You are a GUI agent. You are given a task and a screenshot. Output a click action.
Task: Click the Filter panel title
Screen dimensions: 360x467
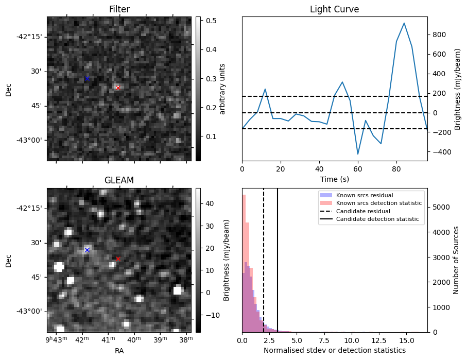pyautogui.click(x=119, y=9)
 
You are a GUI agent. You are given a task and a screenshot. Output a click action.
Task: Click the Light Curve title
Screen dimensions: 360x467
pyautogui.click(x=334, y=9)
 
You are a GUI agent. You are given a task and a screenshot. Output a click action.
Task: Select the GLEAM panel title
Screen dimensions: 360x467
pyautogui.click(x=119, y=180)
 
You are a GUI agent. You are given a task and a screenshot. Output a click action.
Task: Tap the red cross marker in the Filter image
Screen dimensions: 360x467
pyautogui.click(x=118, y=88)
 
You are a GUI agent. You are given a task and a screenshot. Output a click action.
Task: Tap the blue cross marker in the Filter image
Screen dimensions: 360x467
pyautogui.click(x=87, y=78)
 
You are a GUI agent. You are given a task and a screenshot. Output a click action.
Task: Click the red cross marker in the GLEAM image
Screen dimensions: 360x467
pyautogui.click(x=118, y=259)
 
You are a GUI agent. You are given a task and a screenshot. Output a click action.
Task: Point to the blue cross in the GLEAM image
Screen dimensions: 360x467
pyautogui.click(x=87, y=250)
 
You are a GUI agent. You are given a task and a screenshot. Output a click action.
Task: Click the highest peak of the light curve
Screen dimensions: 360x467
pyautogui.click(x=404, y=23)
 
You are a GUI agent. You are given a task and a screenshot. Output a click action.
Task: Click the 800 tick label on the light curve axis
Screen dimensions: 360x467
pyautogui.click(x=439, y=35)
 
